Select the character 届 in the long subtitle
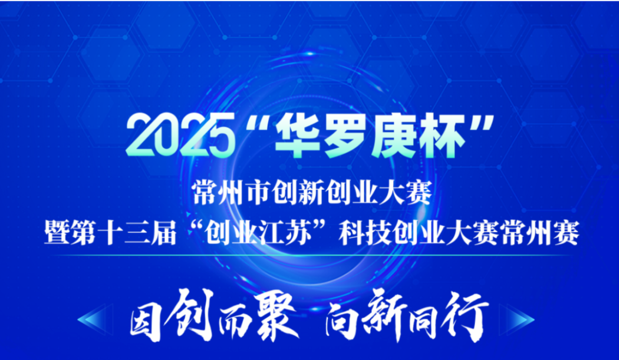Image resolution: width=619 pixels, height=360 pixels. click(163, 232)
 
